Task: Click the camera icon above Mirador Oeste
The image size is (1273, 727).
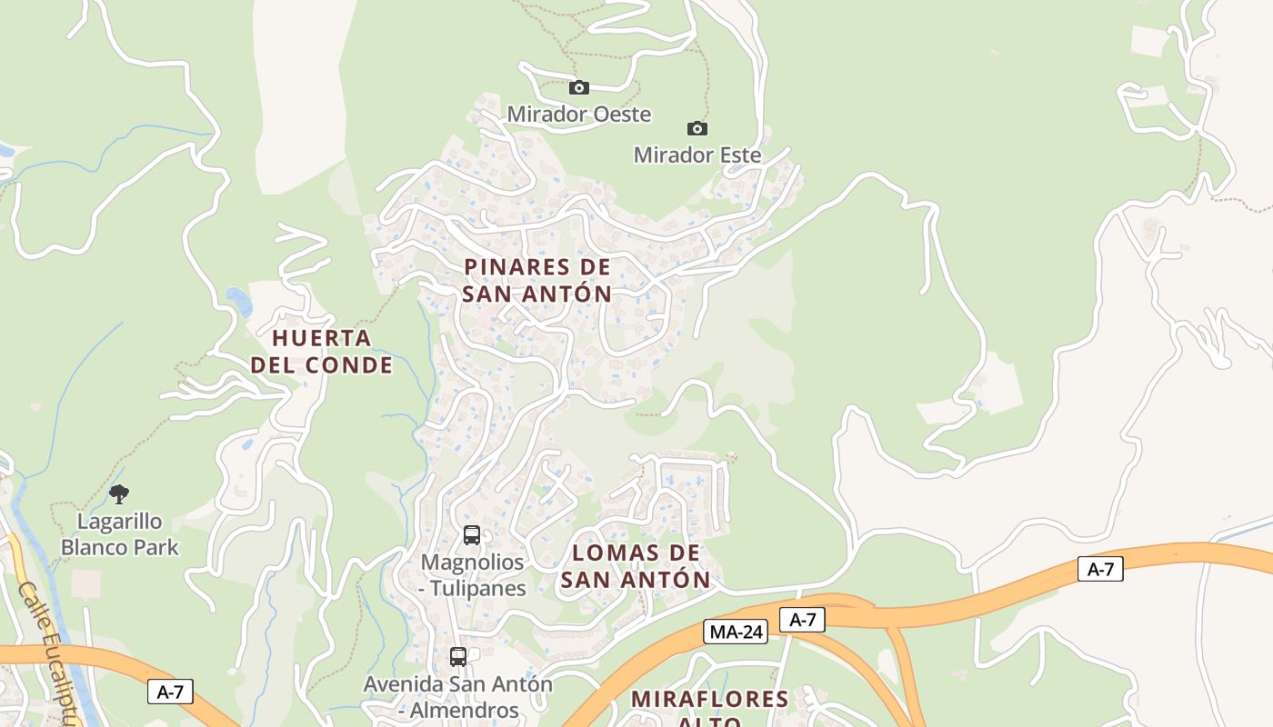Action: pos(579,88)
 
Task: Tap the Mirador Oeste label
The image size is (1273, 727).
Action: pos(578,115)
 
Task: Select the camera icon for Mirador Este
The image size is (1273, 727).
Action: pos(697,129)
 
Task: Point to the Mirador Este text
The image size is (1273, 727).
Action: pos(697,155)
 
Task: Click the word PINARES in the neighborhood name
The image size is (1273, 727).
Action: pos(514,267)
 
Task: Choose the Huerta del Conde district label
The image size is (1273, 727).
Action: pos(322,352)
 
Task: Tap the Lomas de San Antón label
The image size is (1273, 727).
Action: pos(636,566)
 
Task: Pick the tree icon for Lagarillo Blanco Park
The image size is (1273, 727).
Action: pos(119,495)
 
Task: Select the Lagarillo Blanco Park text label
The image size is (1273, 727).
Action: pos(119,534)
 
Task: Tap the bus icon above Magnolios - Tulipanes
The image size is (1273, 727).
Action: pos(472,535)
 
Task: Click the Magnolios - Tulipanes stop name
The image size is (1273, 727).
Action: pos(472,575)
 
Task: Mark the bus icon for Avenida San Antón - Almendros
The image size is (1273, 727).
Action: pos(458,656)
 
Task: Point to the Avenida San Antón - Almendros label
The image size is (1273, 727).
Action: pos(458,697)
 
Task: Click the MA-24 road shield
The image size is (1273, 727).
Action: pos(736,632)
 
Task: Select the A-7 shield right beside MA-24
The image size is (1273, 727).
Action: pos(802,620)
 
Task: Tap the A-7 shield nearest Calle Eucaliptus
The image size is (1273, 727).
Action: pos(170,692)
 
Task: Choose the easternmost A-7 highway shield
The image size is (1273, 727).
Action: pos(1100,570)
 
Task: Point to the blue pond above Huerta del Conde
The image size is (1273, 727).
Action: pos(238,301)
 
